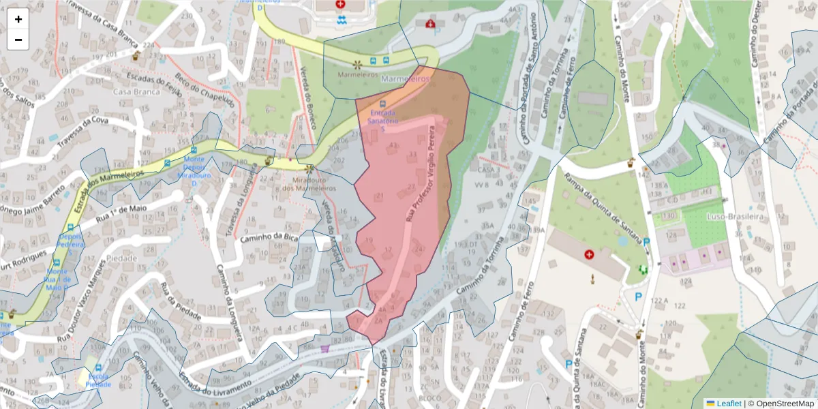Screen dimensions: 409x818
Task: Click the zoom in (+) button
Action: (x=18, y=19)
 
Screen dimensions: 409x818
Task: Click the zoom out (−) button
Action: (x=18, y=40)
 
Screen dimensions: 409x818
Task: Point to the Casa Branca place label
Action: (x=131, y=91)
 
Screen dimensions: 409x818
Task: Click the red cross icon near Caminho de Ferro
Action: (x=589, y=254)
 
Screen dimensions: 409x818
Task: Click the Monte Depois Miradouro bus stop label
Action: (x=194, y=167)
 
